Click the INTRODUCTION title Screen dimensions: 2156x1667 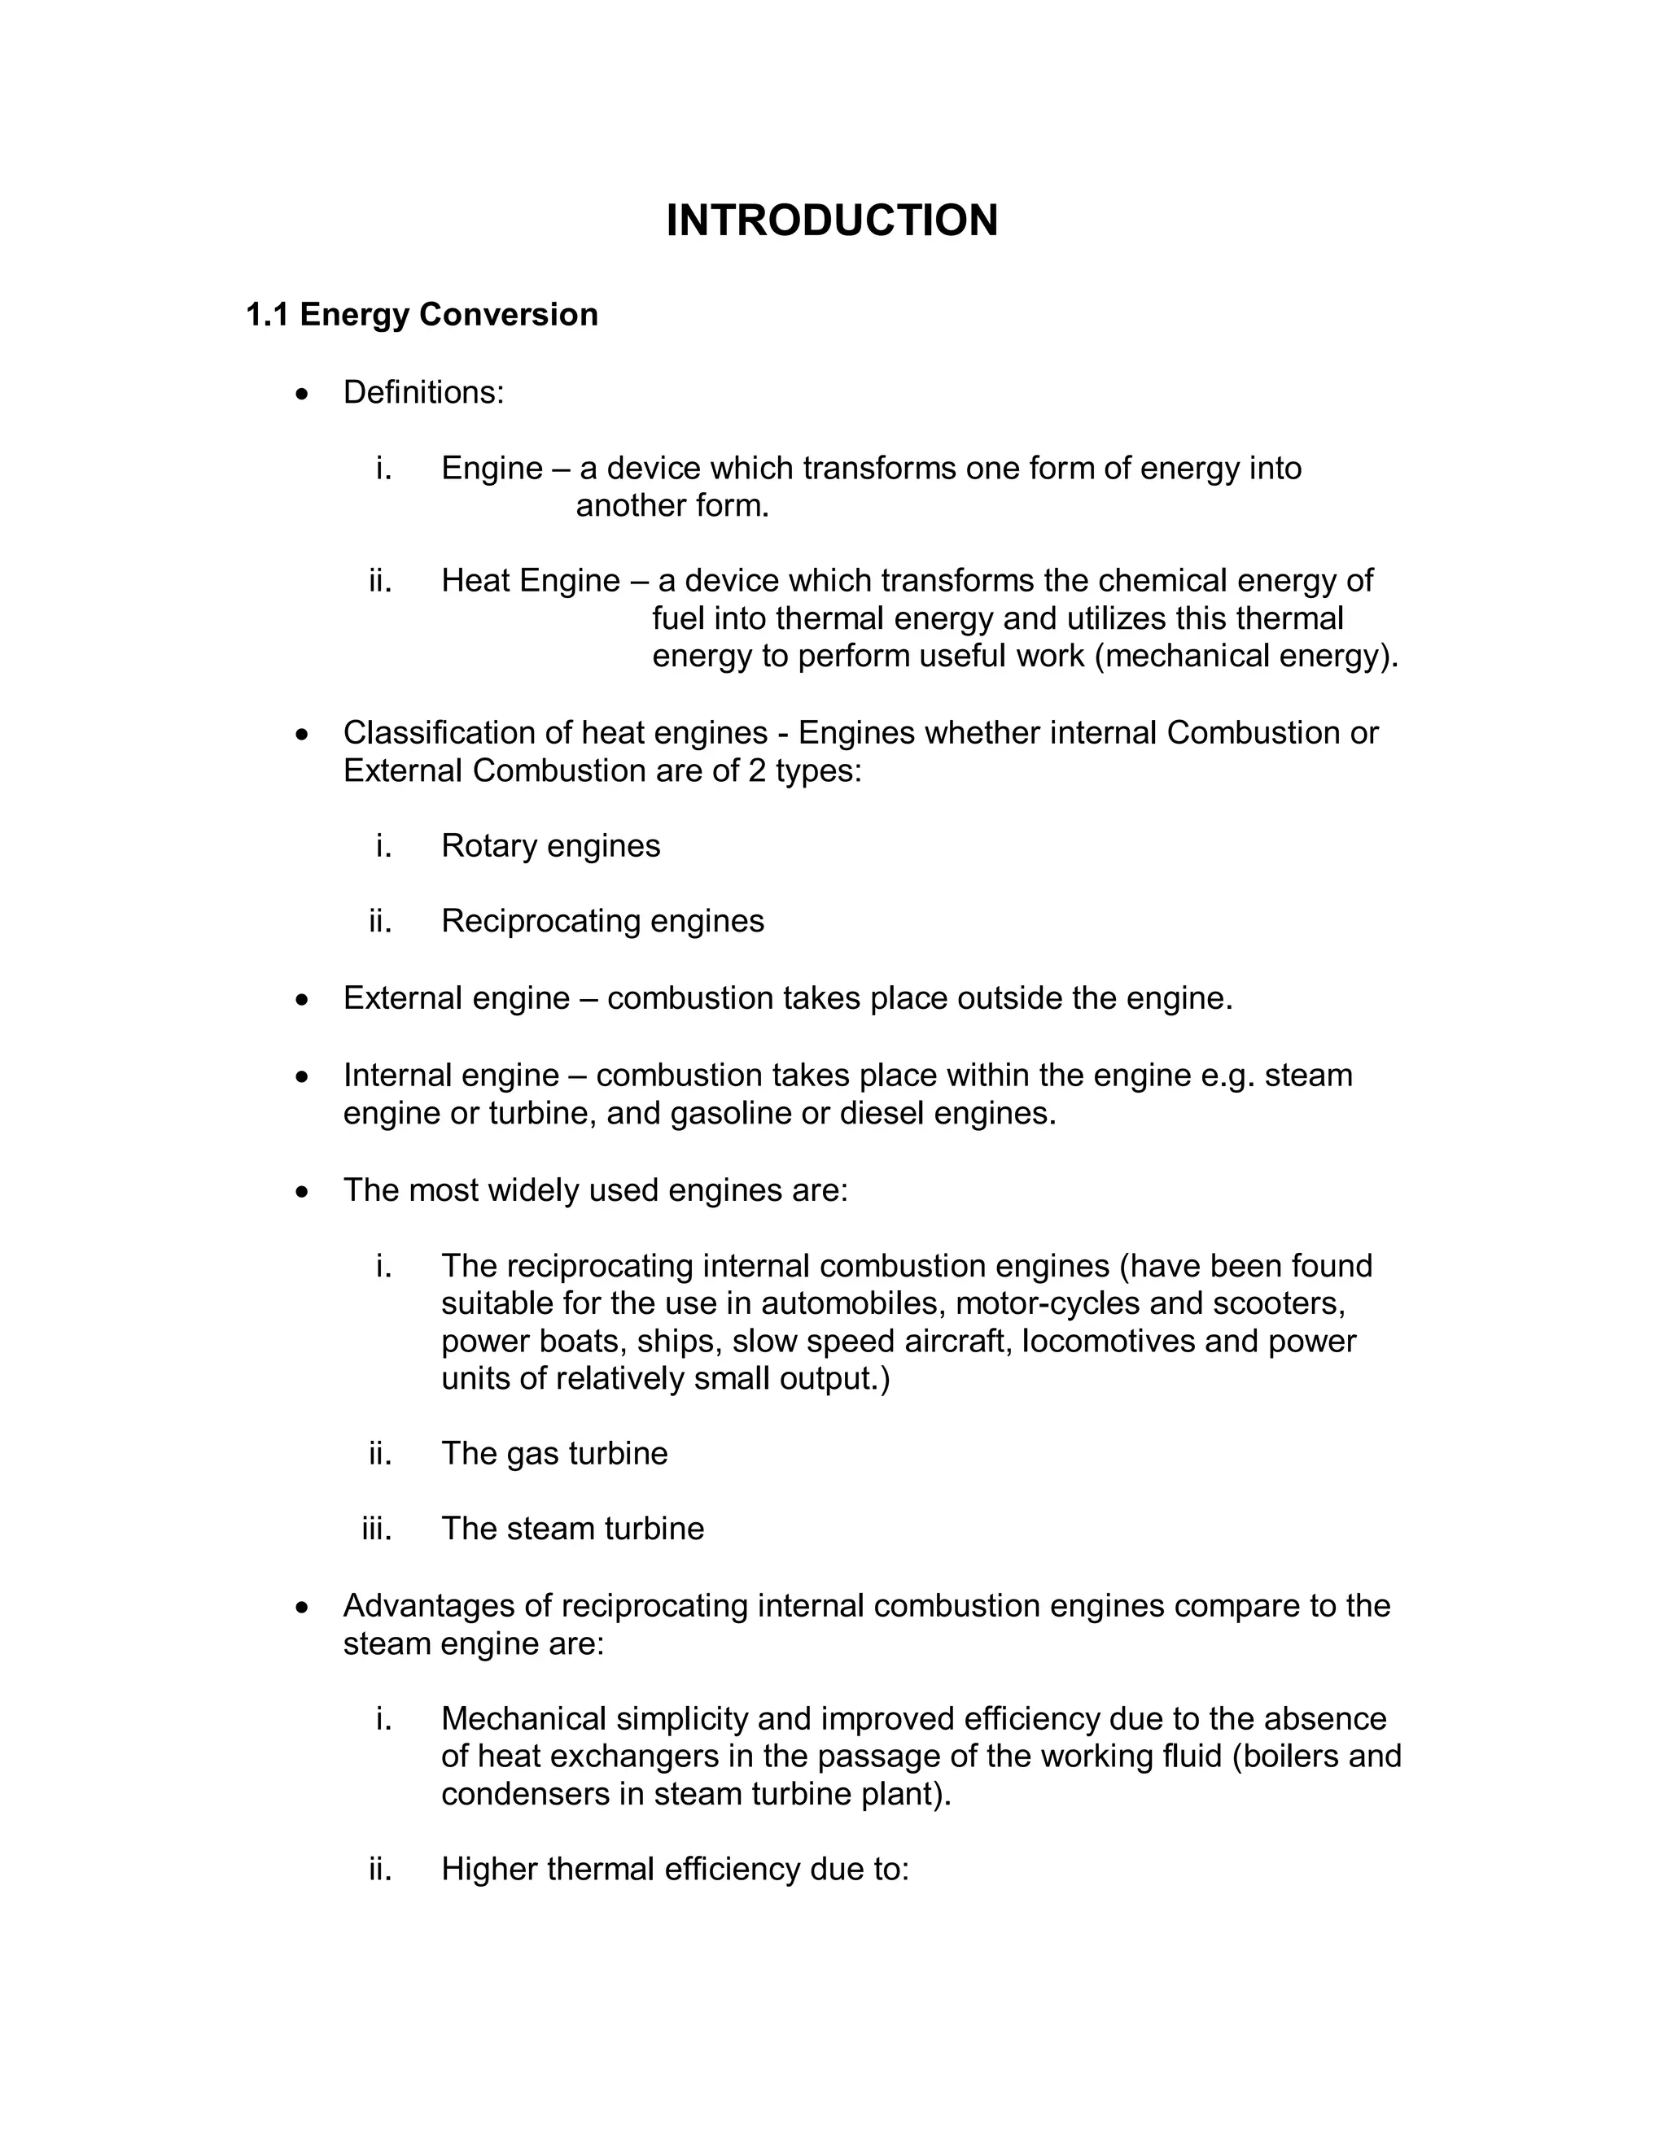(832, 220)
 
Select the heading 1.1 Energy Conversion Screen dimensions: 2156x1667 (422, 315)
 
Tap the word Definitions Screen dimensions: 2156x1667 (422, 393)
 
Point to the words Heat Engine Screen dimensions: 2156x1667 (531, 580)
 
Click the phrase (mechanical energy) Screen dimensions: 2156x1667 (1246, 657)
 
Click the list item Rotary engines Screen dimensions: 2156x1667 (550, 846)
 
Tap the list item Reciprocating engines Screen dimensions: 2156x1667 (602, 921)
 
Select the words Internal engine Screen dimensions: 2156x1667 (450, 1075)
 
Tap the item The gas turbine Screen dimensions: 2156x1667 (554, 1454)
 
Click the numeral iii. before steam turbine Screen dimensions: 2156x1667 (377, 1530)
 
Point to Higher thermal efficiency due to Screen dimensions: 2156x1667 (675, 1870)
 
